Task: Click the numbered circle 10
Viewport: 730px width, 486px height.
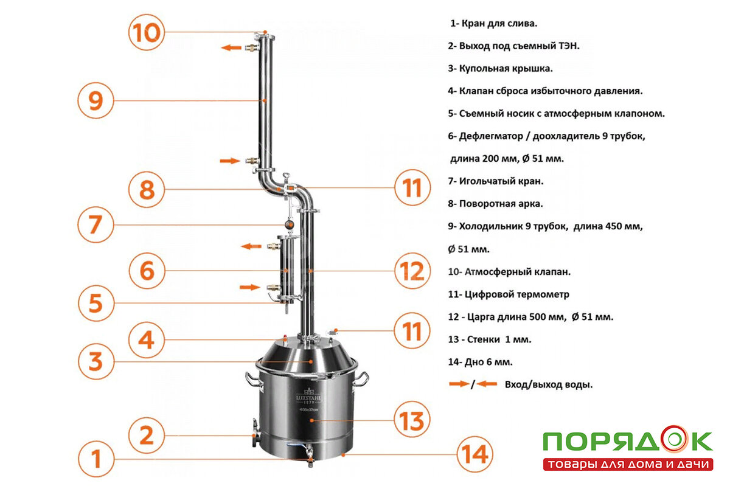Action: (x=147, y=32)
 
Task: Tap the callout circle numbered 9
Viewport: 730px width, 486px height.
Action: (x=96, y=100)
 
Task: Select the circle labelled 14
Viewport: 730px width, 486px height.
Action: (x=474, y=454)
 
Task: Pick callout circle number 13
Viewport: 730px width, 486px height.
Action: (x=412, y=420)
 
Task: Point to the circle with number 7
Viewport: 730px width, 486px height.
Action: (x=96, y=224)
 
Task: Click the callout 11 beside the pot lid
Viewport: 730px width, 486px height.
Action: (x=412, y=331)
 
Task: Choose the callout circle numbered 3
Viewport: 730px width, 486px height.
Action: (x=96, y=361)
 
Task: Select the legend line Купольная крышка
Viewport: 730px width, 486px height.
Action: (x=500, y=69)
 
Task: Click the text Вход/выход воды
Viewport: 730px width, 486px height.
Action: (x=549, y=384)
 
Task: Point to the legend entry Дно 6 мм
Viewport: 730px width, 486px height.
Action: (x=480, y=362)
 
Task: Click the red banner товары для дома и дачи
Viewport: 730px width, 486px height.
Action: (x=628, y=464)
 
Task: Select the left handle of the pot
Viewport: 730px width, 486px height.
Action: (x=253, y=380)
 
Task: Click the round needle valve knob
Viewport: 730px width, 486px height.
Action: (x=289, y=224)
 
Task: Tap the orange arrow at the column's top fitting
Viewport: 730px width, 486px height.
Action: (x=231, y=48)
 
